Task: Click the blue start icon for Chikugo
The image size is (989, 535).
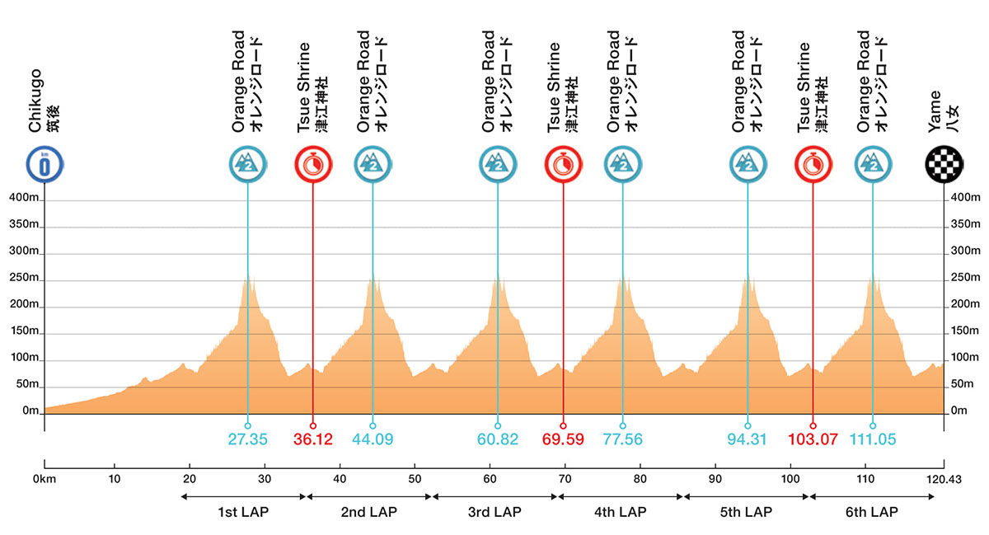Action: point(45,164)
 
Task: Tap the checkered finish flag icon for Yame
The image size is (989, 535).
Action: point(943,164)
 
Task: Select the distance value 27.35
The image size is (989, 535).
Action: point(247,439)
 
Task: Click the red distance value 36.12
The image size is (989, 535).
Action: point(313,439)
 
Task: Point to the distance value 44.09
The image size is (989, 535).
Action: point(373,439)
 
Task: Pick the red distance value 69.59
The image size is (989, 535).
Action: point(564,439)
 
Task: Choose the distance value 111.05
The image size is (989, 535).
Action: point(873,439)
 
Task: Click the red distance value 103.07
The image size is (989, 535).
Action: point(813,439)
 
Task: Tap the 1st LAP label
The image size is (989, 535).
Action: point(243,512)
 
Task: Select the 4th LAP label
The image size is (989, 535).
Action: point(621,512)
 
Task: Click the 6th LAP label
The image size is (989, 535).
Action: point(871,512)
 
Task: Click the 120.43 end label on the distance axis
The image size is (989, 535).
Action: point(941,477)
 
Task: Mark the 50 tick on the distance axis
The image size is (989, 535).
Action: point(415,477)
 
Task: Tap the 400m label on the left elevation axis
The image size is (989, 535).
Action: point(22,199)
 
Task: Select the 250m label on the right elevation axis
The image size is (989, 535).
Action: point(965,278)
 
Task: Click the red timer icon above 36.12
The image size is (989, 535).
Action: point(312,164)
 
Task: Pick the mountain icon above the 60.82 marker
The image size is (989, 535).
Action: point(497,164)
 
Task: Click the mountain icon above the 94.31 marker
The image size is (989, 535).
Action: point(748,164)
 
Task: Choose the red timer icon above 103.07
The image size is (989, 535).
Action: point(813,164)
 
